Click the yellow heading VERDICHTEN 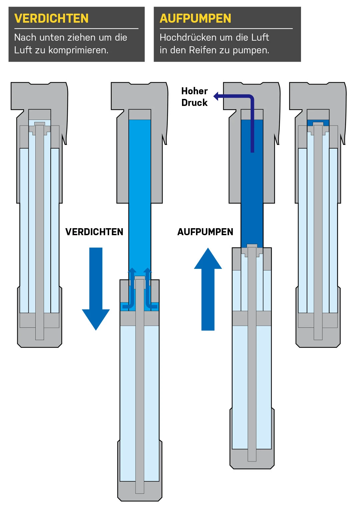(51, 18)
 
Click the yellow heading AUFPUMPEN (195, 18)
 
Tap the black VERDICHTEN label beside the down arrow (94, 232)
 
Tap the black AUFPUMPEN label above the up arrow (205, 232)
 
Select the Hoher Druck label (194, 97)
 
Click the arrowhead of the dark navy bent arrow (216, 97)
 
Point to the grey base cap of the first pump (40, 343)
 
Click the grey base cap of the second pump (140, 496)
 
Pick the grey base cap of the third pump (252, 465)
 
